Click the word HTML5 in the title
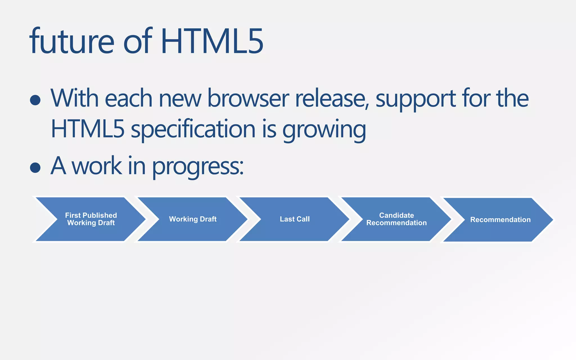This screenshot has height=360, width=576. click(x=212, y=41)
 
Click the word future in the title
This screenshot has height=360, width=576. click(x=72, y=41)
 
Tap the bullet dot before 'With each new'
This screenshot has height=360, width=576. click(x=35, y=100)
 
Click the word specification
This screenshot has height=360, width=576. click(x=193, y=129)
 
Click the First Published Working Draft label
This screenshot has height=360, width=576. click(x=91, y=219)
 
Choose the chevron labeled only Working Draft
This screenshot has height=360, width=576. click(x=193, y=219)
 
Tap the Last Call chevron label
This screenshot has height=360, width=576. click(x=294, y=219)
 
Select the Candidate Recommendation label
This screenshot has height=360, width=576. click(x=396, y=219)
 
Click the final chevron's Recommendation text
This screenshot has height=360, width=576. click(x=500, y=220)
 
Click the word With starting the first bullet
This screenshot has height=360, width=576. click(x=75, y=98)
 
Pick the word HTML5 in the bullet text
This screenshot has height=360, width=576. click(x=87, y=129)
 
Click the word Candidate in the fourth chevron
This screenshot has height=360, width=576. click(x=396, y=215)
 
